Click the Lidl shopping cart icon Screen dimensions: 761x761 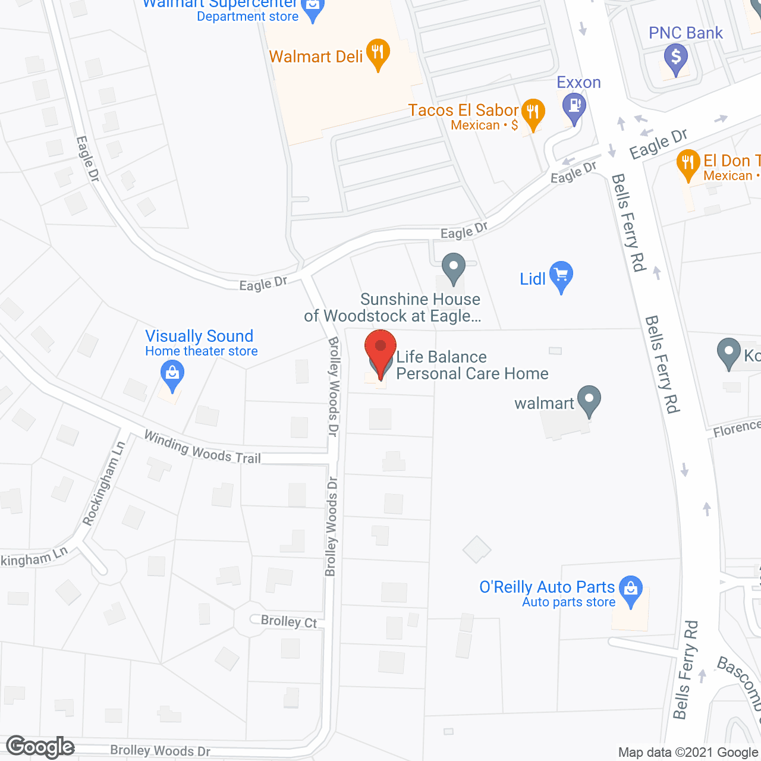[561, 276]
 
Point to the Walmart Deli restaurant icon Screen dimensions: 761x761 [378, 52]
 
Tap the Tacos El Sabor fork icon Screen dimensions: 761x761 [533, 112]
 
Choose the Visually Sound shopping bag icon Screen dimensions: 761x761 [172, 375]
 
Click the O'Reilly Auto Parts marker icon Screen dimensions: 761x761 [631, 589]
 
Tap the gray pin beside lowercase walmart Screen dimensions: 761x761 [589, 400]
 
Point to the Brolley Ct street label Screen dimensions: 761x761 [289, 621]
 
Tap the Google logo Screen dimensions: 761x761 [40, 747]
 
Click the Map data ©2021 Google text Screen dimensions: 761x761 [688, 753]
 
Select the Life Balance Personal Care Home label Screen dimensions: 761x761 [472, 365]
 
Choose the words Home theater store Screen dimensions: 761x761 [202, 351]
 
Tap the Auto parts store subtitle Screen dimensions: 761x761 [568, 602]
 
